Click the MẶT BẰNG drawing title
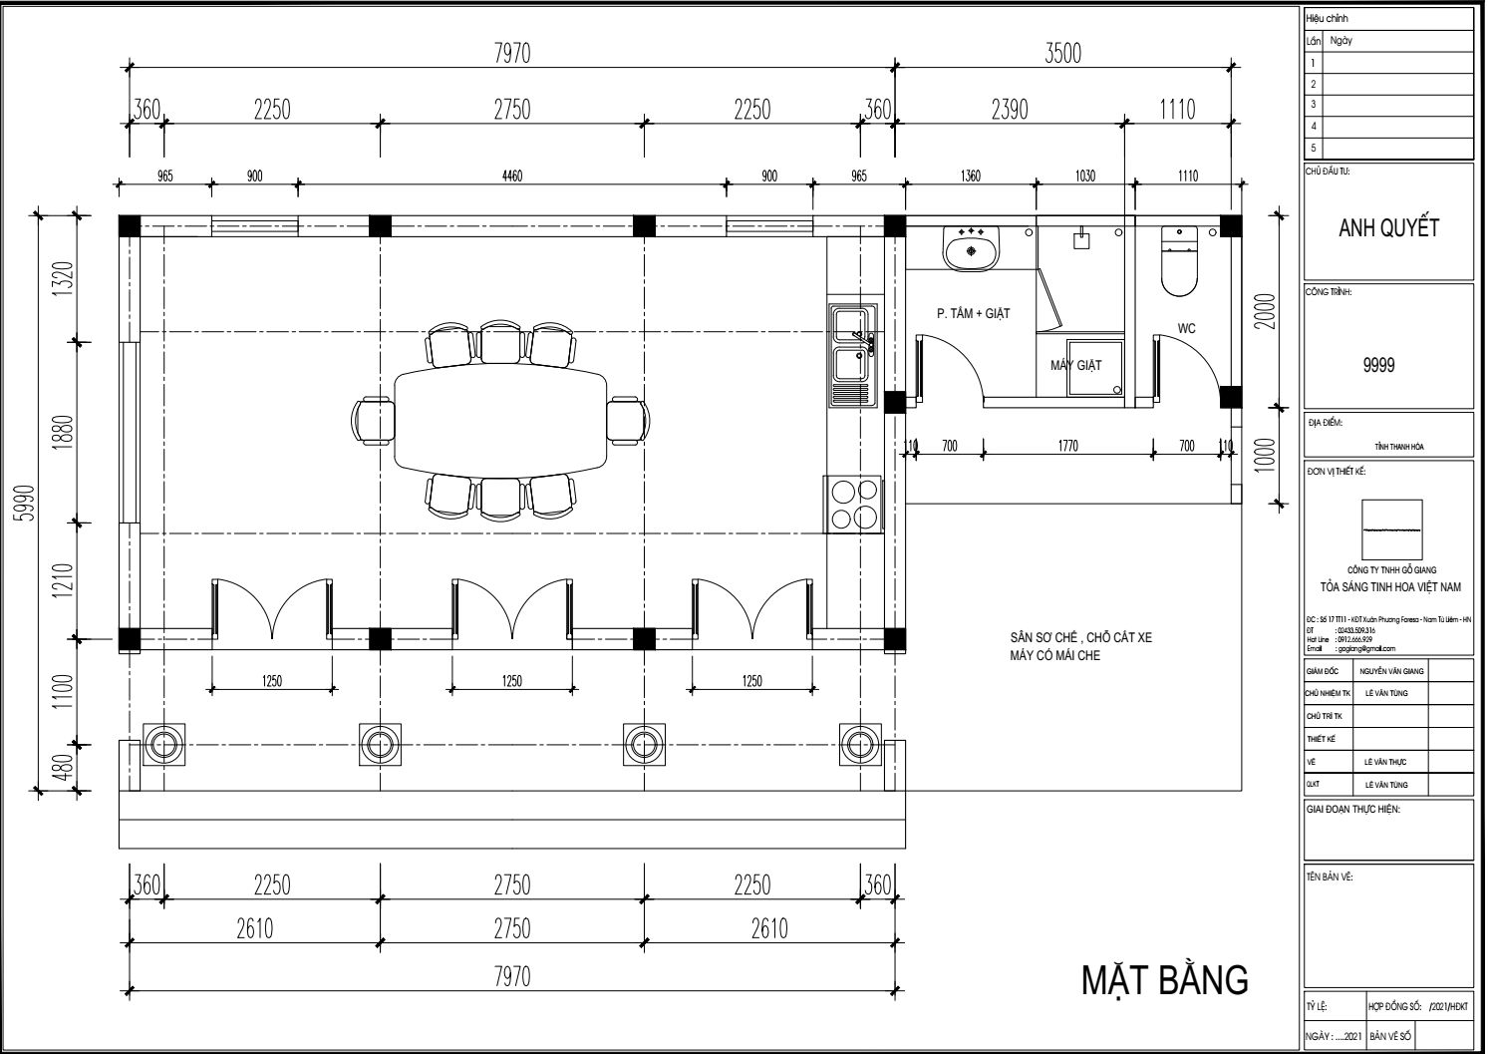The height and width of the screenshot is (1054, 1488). point(1164,979)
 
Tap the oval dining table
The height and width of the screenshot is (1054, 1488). point(500,420)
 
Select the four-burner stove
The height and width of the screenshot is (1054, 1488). point(853,505)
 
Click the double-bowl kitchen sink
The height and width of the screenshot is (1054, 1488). point(852,355)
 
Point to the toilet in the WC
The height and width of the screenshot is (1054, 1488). point(1181,262)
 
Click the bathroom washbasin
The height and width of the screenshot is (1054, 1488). point(970,248)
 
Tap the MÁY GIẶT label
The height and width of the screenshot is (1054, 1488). point(1075,365)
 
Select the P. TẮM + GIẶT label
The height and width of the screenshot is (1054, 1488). point(973,313)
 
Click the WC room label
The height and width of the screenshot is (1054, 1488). point(1186,328)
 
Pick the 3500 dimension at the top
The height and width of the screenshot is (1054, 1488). point(1062,53)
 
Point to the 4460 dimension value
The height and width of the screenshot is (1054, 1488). point(512,176)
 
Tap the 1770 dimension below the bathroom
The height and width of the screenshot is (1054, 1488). point(1067,446)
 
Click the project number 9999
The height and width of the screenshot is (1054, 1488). point(1378,365)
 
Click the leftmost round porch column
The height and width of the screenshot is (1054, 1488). point(161,744)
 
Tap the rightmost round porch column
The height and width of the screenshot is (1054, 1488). point(859,744)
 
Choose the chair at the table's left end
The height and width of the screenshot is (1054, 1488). point(373,420)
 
